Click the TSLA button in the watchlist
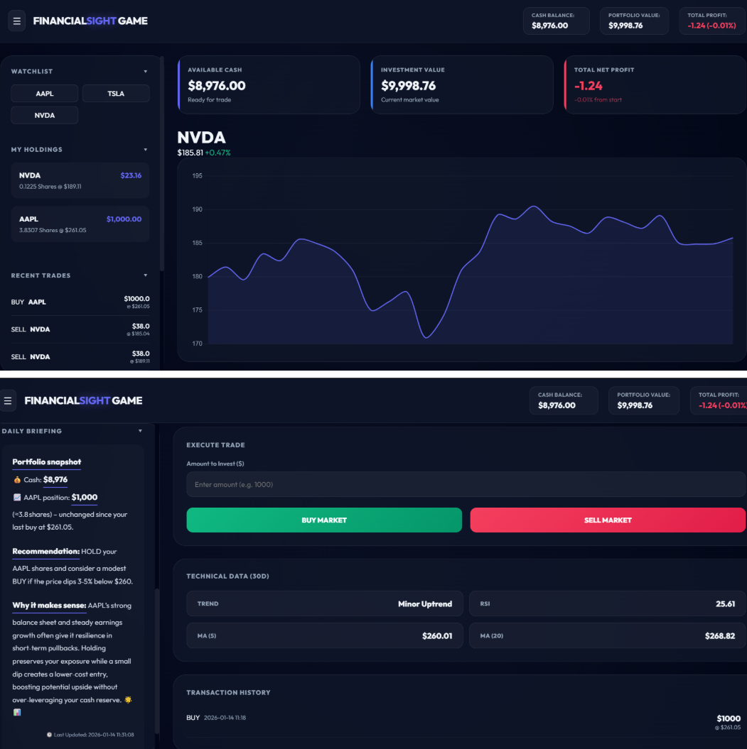116,94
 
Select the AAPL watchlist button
45,94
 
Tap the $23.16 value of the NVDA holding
131,175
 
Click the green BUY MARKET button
324,520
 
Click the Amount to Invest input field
466,484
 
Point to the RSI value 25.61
725,604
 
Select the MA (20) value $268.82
719,636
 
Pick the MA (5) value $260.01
436,636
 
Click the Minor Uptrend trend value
424,604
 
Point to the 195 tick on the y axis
198,176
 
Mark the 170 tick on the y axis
198,344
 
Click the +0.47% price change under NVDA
217,153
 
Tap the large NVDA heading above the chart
201,138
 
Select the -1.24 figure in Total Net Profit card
588,86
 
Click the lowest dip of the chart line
426,337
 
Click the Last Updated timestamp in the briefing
90,735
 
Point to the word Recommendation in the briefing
45,552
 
